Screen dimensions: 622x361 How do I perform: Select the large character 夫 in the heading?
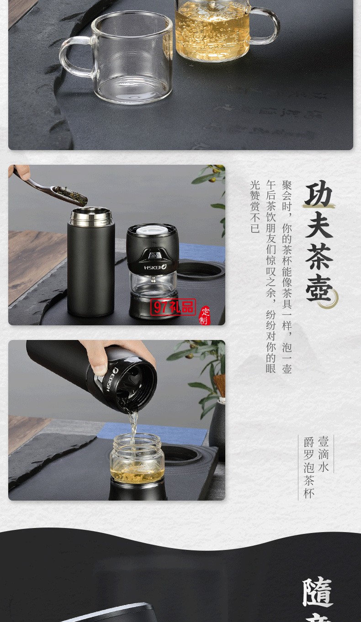point(319,224)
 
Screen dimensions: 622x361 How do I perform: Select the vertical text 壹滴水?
point(324,454)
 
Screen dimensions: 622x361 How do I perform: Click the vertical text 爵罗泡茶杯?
point(309,468)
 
